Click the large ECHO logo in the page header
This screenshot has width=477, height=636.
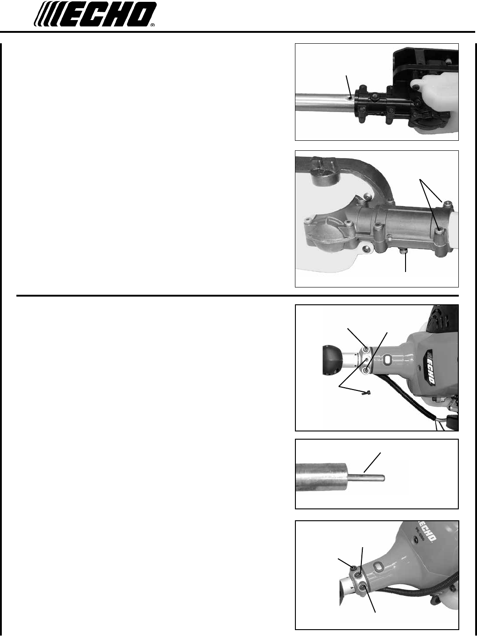pyautogui.click(x=95, y=14)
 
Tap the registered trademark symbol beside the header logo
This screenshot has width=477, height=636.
pyautogui.click(x=153, y=26)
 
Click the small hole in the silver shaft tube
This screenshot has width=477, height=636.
pyautogui.click(x=350, y=98)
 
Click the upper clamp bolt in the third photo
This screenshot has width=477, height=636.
pyautogui.click(x=366, y=349)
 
